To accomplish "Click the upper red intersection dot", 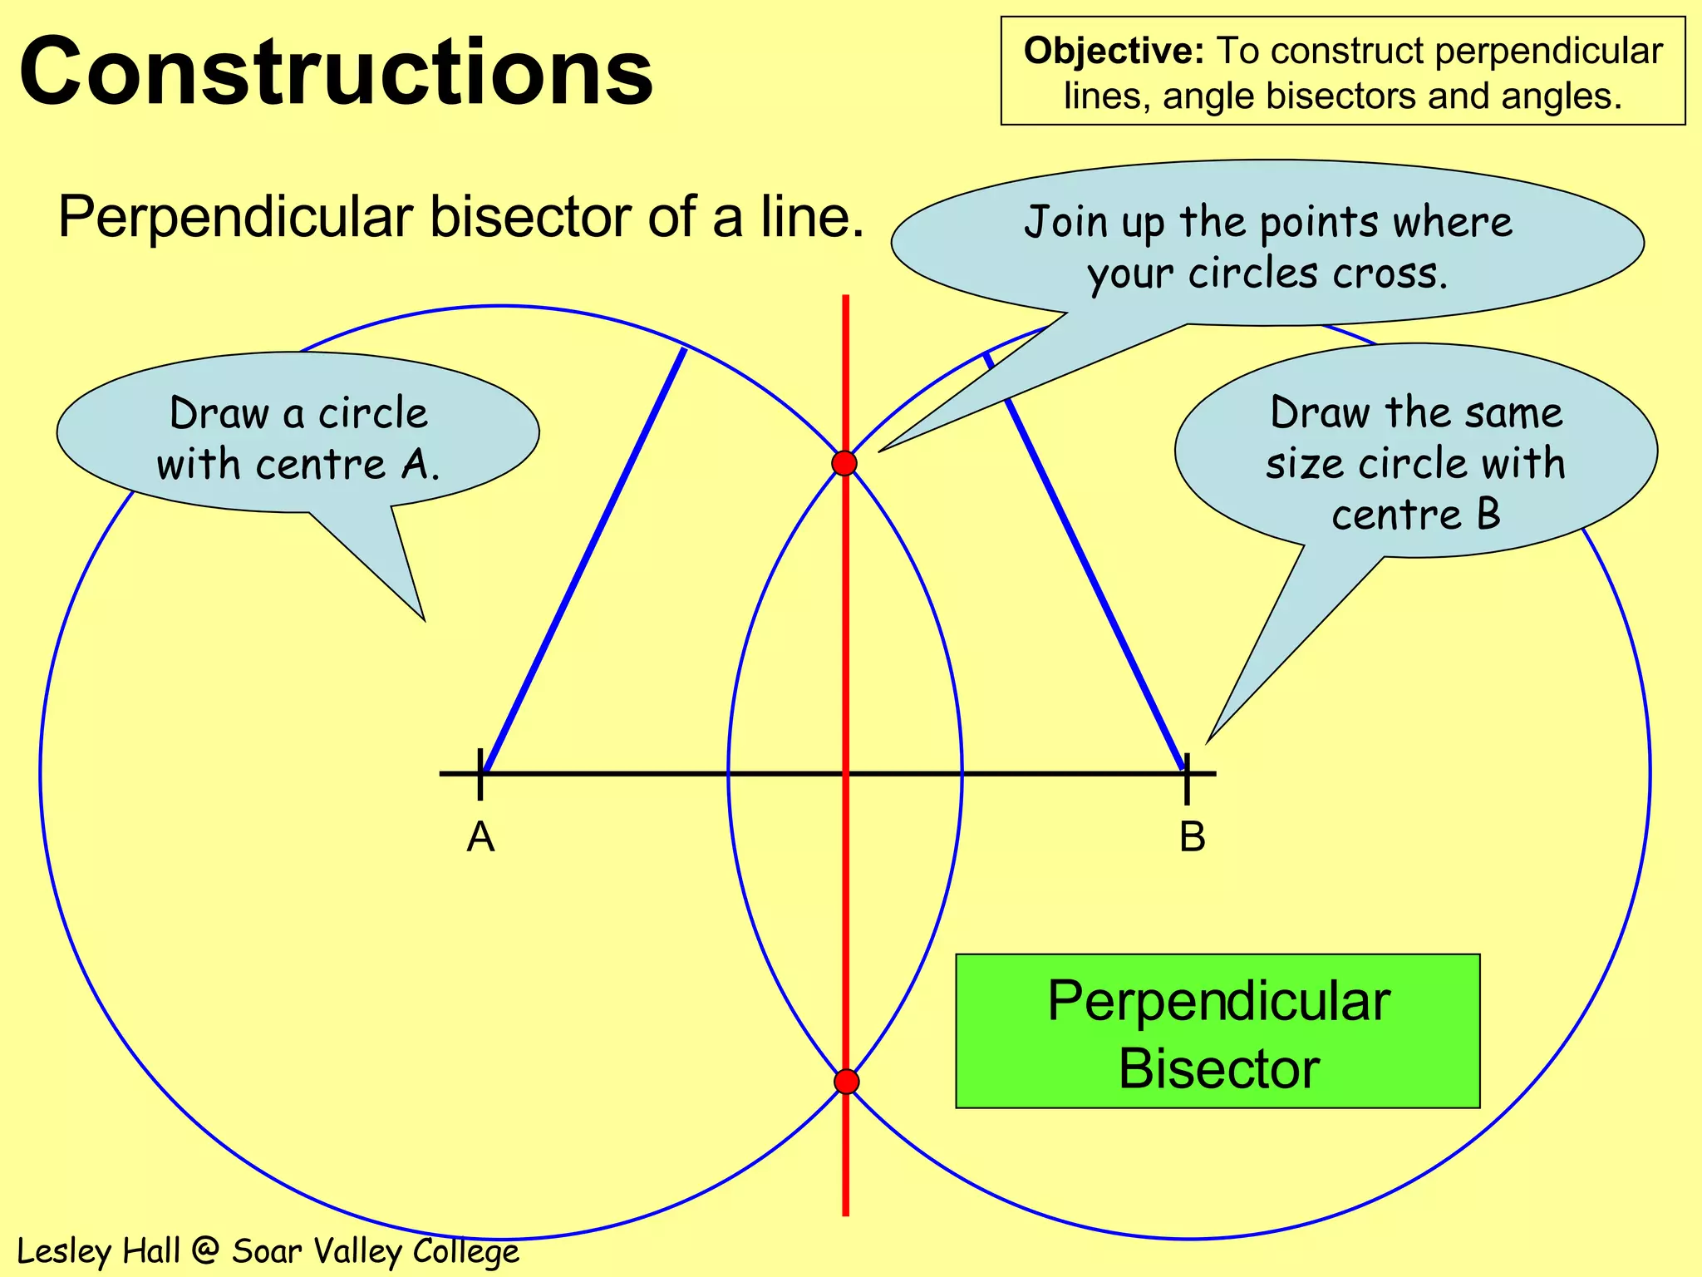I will [844, 463].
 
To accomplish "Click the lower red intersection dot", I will [846, 1082].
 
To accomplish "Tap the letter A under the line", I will [480, 837].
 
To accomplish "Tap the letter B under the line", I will [1192, 837].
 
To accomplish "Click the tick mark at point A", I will [480, 774].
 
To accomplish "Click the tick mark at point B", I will [1187, 777].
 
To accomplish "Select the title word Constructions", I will [336, 72].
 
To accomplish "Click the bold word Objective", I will [1114, 52].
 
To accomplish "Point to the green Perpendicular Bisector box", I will [1217, 1031].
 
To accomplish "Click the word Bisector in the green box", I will [1218, 1069].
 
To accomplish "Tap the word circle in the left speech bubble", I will [373, 413].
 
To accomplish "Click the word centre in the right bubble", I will [1395, 515].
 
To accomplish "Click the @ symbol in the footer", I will [205, 1251].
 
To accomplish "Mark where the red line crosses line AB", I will [845, 774].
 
